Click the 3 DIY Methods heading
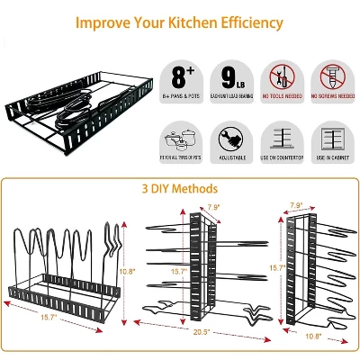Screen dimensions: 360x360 [x=179, y=189]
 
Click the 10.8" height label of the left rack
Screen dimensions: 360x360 [x=127, y=270]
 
